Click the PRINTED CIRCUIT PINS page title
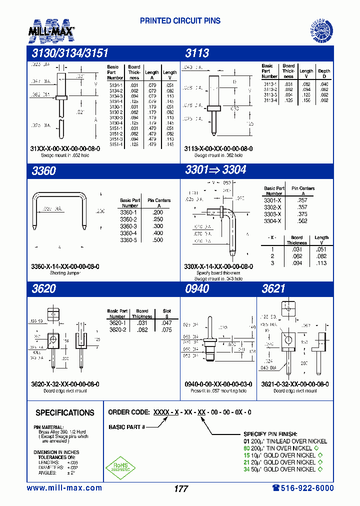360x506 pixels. (180, 21)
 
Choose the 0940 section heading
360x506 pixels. (197, 288)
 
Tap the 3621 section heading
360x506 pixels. (273, 288)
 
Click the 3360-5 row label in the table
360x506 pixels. (128, 240)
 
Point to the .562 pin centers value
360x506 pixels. (302, 221)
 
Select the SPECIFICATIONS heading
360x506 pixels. (65, 413)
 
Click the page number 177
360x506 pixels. (180, 489)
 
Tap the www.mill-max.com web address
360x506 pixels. (64, 488)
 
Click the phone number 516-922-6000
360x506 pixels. (303, 488)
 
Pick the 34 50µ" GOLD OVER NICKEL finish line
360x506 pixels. (280, 469)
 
